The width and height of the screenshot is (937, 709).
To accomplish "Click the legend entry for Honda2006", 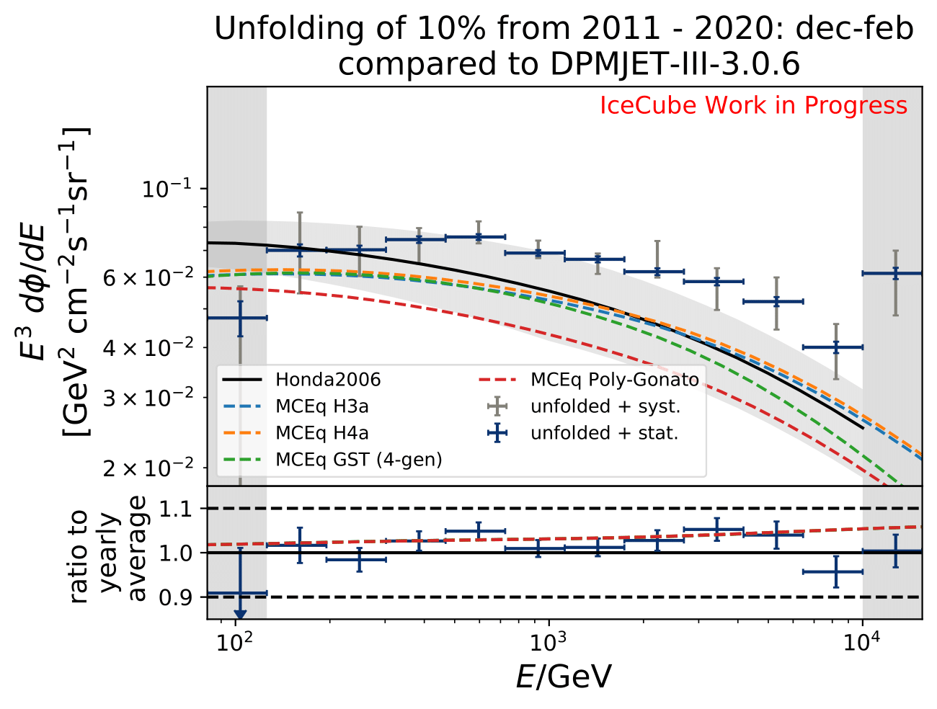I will coord(328,380).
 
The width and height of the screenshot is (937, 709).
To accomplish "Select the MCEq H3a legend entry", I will coord(321,406).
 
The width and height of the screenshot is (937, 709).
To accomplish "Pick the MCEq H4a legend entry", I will coord(321,433).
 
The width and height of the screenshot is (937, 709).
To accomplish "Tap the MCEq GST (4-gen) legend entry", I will coord(358,460).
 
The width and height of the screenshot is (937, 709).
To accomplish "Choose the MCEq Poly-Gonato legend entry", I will coord(614,380).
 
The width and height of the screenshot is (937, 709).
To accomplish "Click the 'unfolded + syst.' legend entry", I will coord(605,406).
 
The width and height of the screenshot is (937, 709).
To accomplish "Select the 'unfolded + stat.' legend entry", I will coord(605,433).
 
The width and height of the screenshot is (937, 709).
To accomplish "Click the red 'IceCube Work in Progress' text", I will coord(753,106).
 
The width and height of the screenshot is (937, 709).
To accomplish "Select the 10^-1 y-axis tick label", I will coord(166,189).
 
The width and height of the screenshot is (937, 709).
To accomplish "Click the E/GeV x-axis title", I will coord(564,677).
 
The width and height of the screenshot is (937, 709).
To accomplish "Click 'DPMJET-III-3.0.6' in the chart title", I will coord(675,65).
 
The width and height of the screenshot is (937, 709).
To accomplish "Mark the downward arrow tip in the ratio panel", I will coord(240,615).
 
